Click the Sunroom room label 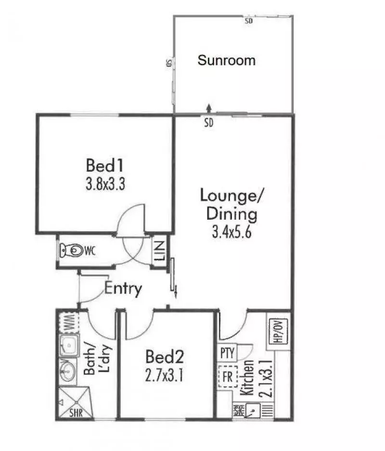pyautogui.click(x=227, y=61)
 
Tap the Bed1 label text pyautogui.click(x=105, y=166)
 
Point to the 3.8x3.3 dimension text pyautogui.click(x=105, y=185)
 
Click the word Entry pyautogui.click(x=123, y=289)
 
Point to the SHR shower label pyautogui.click(x=75, y=413)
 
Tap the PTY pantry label pyautogui.click(x=227, y=353)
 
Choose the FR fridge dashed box pyautogui.click(x=227, y=376)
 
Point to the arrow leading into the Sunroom pyautogui.click(x=208, y=107)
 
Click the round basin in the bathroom pyautogui.click(x=68, y=371)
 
